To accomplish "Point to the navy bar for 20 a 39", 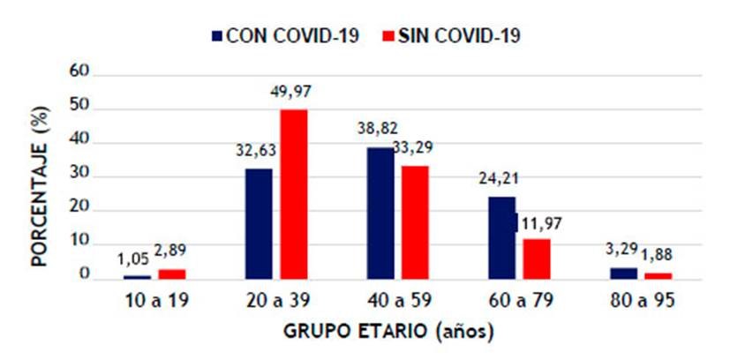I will [x=259, y=224].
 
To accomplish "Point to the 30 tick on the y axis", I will [x=79, y=175].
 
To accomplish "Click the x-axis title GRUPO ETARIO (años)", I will [x=388, y=333].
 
